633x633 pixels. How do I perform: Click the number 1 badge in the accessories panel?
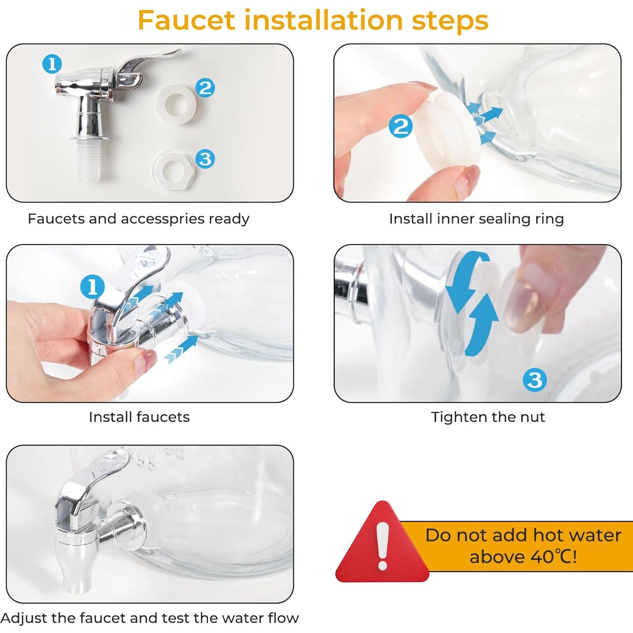tap(52, 64)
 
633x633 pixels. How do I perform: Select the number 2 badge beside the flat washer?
tap(205, 88)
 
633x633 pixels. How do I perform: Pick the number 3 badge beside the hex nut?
tap(205, 159)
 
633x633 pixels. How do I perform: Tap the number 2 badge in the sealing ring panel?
tap(401, 126)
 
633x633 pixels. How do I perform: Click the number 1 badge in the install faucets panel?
tap(92, 287)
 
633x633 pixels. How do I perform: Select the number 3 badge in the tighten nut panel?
tap(535, 380)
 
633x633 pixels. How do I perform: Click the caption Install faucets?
tap(139, 417)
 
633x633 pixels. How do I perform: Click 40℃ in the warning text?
tap(554, 557)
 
